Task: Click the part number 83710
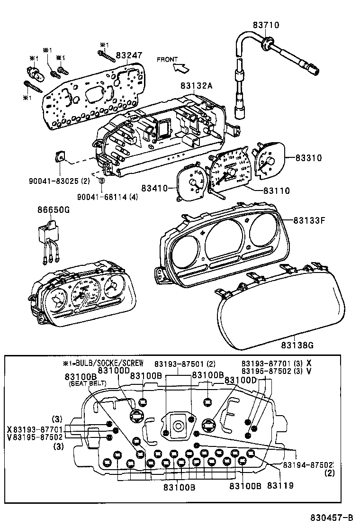coord(266,25)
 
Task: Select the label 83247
coord(129,55)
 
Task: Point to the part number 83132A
coord(196,86)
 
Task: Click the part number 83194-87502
coord(308,465)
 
